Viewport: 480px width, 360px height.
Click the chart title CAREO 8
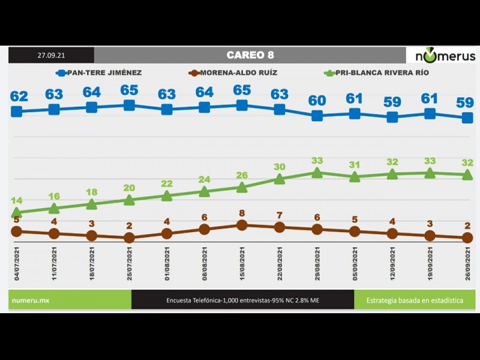(250, 55)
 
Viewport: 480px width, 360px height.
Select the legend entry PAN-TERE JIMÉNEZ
(99, 73)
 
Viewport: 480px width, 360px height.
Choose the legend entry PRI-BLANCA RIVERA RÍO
(376, 73)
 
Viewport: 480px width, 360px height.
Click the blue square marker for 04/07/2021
(17, 111)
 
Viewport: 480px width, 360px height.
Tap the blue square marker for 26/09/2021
(467, 118)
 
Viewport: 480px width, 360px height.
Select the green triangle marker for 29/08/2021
(317, 173)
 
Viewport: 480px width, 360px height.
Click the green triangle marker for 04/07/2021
(17, 212)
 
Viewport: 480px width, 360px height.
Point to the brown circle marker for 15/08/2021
(242, 225)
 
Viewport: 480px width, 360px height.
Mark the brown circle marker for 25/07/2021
(129, 238)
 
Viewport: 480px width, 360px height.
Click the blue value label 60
(317, 100)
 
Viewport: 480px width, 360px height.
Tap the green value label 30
(280, 167)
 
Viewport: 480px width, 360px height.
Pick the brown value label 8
(242, 213)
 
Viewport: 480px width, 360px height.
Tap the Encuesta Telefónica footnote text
(242, 299)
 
